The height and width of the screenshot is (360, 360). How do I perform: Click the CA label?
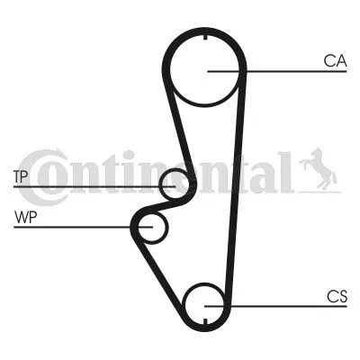pyautogui.click(x=335, y=61)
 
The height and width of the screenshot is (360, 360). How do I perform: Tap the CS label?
pyautogui.click(x=337, y=296)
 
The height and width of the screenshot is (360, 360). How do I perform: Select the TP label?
pyautogui.click(x=21, y=176)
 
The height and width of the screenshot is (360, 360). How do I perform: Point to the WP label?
pyautogui.click(x=25, y=218)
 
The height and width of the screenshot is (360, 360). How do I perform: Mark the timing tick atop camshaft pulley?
pyautogui.click(x=205, y=37)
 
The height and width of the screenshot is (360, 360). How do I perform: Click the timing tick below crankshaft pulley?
pyautogui.click(x=205, y=321)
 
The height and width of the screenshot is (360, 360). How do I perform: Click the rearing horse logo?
pyautogui.click(x=318, y=169)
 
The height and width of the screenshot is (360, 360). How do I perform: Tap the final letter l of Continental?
pyautogui.click(x=286, y=172)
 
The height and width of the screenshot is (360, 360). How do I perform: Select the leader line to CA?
pyautogui.click(x=277, y=71)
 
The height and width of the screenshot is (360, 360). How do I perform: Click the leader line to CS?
pyautogui.click(x=275, y=306)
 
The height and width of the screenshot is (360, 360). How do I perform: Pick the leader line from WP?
pyautogui.click(x=84, y=227)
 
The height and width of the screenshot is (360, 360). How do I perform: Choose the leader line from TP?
pyautogui.click(x=94, y=186)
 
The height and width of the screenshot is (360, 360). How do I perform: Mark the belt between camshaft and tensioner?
pyautogui.click(x=179, y=128)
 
